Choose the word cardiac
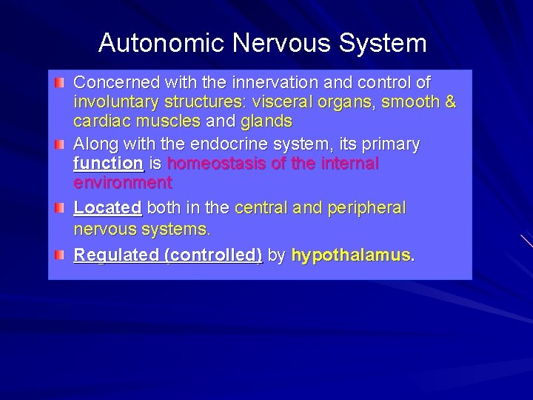[x=99, y=121]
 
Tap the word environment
[x=122, y=182]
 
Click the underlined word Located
[x=107, y=208]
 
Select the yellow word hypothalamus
[x=352, y=256]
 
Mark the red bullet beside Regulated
[x=61, y=255]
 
